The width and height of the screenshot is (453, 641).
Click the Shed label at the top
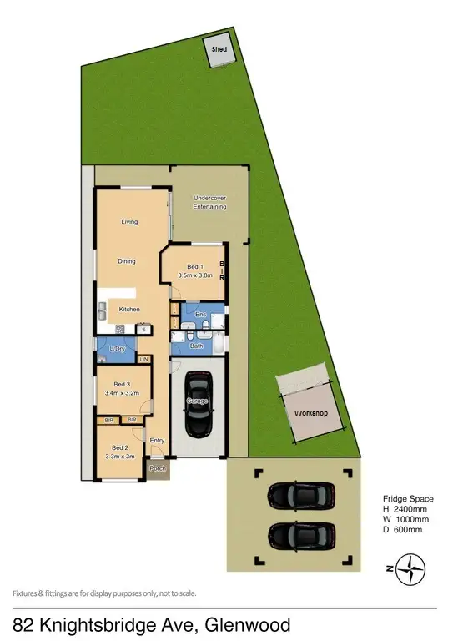[x=219, y=50]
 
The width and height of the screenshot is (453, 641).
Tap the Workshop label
[x=309, y=413]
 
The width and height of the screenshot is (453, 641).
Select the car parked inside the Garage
[x=198, y=403]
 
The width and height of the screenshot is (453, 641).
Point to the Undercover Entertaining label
[x=209, y=202]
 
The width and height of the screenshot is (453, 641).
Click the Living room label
[x=129, y=222]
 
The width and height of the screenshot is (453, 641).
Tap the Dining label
[x=127, y=262]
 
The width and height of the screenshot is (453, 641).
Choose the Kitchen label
[x=129, y=310]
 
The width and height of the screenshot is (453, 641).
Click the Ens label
[x=200, y=315]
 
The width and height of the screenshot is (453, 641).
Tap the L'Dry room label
[x=118, y=348]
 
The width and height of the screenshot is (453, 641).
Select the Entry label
[x=157, y=440]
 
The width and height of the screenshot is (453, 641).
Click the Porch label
[x=157, y=469]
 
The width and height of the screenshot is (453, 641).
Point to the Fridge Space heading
[x=407, y=499]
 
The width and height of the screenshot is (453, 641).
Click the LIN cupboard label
[x=143, y=359]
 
